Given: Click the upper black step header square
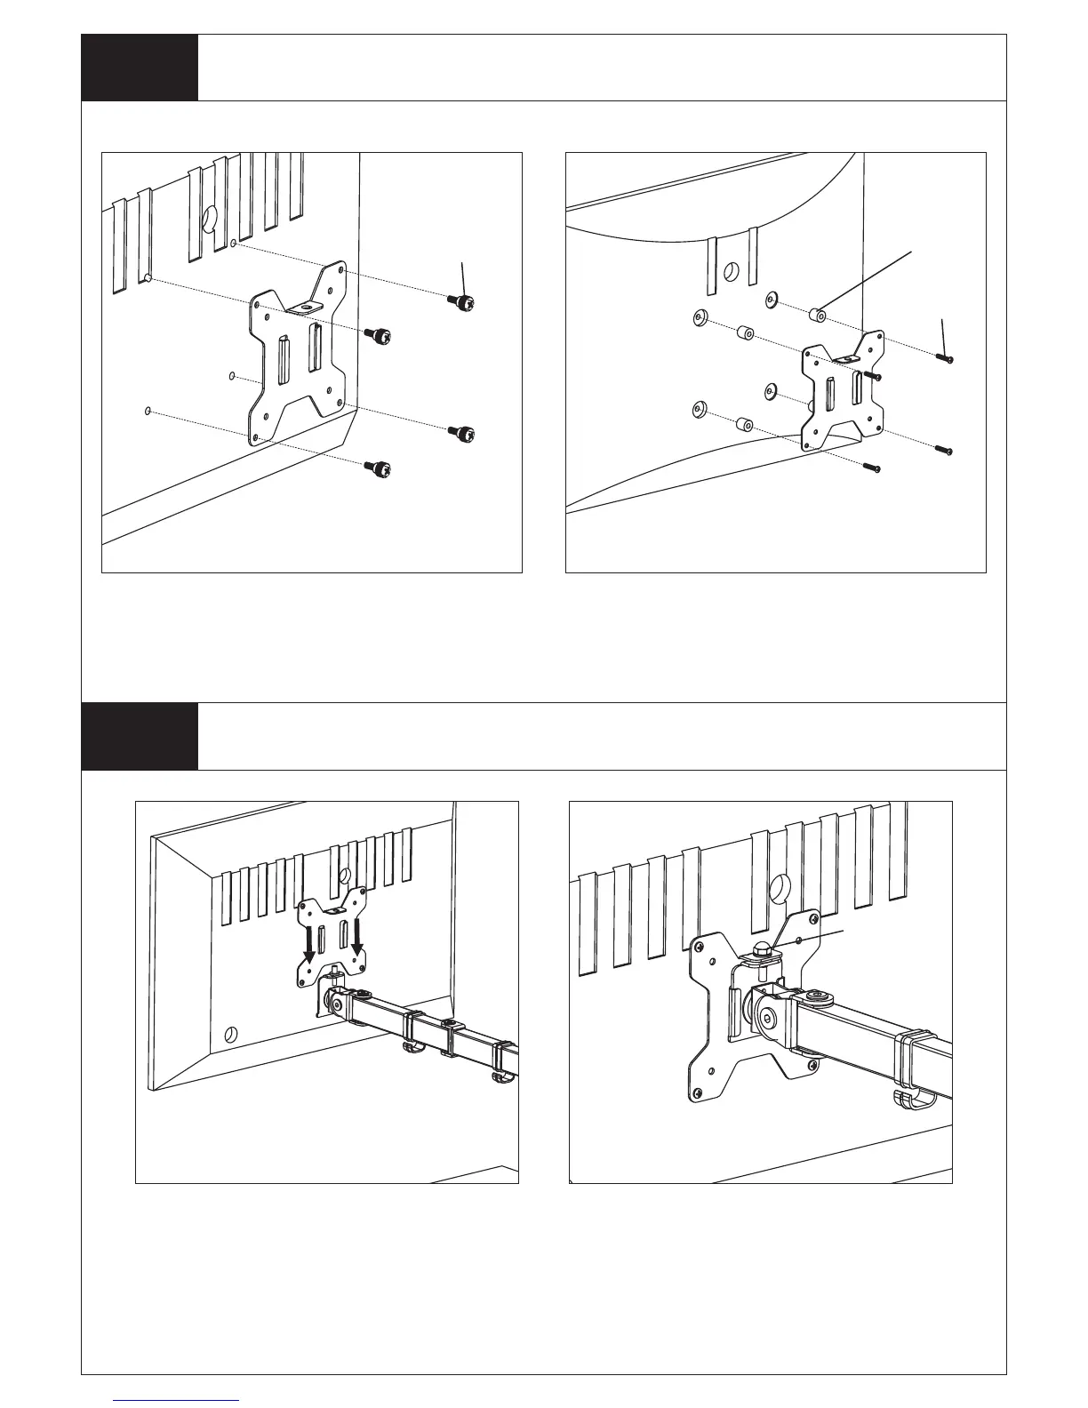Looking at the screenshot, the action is click(x=140, y=68).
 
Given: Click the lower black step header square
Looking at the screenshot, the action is click(x=140, y=737).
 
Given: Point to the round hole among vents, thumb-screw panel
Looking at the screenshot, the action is click(x=209, y=218).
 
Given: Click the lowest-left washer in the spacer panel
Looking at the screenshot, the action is click(x=700, y=408).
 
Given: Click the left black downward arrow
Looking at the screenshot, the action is click(x=308, y=946).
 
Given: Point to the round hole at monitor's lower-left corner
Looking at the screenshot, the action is click(x=230, y=1035).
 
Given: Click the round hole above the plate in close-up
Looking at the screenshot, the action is click(x=777, y=886).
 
